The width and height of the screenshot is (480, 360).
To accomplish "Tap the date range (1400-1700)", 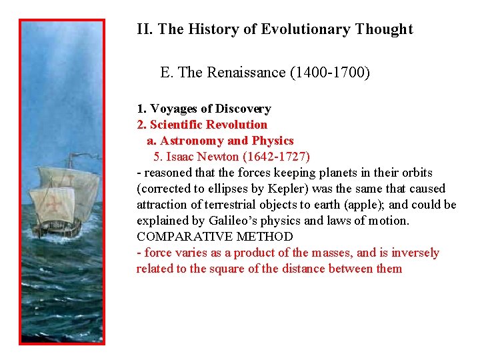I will point(330,72).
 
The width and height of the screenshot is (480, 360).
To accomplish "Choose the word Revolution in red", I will point(237,125).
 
